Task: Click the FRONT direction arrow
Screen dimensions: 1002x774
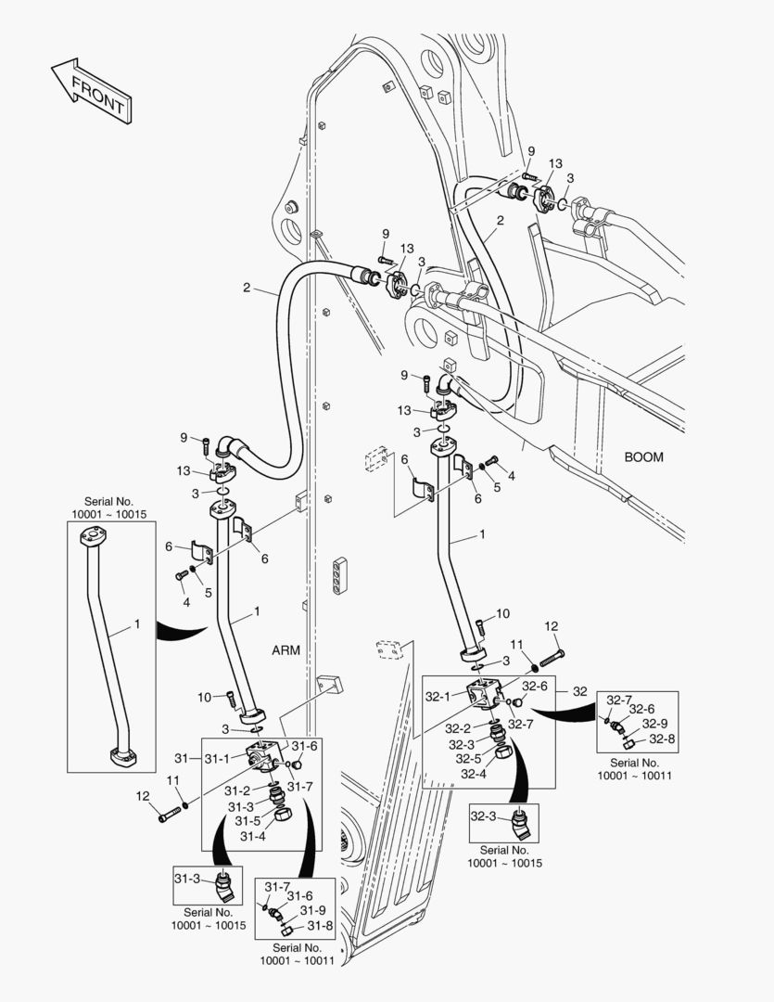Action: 90,89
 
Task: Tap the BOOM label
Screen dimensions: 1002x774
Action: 643,457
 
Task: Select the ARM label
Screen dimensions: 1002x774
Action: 285,649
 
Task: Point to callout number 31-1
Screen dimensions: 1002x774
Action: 215,759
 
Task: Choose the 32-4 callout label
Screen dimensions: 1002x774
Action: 474,774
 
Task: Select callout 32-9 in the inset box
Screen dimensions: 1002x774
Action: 654,724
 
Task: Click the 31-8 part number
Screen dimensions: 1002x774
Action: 320,925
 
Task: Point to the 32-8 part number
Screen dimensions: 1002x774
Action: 661,739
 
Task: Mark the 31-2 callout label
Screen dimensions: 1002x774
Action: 237,790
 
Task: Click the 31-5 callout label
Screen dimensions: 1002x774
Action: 247,821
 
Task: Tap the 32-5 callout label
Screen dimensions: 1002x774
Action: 467,759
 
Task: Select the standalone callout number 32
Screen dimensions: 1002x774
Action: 580,691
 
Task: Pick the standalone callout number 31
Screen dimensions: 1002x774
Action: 181,759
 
